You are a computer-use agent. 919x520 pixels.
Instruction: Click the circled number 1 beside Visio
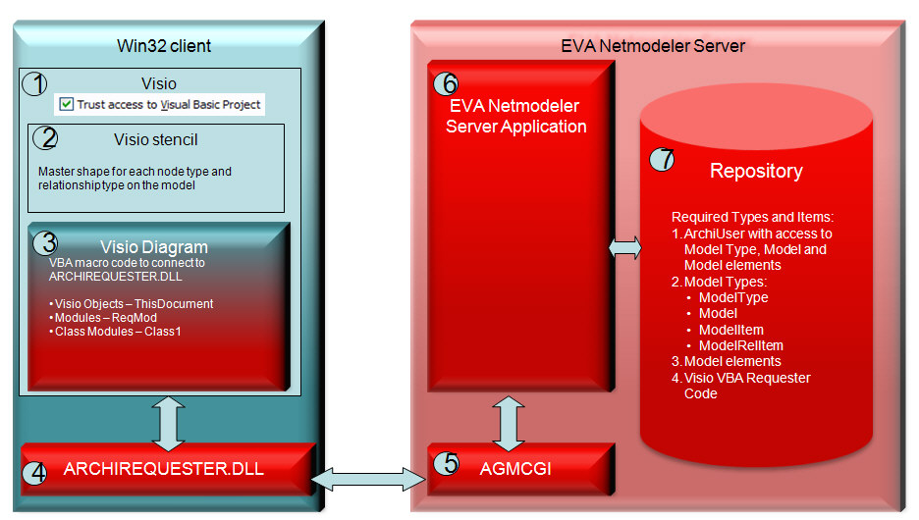point(34,83)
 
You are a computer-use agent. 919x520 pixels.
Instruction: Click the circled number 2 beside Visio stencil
point(44,138)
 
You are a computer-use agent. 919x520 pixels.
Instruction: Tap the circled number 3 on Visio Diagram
point(45,241)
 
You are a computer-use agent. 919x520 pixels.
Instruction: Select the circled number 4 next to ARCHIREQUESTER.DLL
point(36,471)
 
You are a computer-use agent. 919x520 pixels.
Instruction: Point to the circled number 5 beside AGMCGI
point(446,463)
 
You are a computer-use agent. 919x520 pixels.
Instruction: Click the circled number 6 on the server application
point(446,82)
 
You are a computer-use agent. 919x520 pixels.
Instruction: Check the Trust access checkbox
point(66,104)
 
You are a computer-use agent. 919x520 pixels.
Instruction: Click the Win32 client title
point(164,46)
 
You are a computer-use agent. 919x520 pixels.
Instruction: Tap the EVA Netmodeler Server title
point(653,46)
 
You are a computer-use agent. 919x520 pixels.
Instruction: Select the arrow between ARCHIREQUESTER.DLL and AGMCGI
point(368,479)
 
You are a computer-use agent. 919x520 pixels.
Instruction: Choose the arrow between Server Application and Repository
point(625,249)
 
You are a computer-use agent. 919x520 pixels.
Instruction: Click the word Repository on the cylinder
point(756,171)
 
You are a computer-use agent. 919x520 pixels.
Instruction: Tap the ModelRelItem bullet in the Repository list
point(740,345)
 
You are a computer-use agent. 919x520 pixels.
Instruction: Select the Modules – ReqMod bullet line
point(103,318)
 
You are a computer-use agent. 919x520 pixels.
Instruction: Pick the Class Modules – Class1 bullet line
point(115,332)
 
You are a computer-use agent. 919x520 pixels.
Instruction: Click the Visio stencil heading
point(156,139)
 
